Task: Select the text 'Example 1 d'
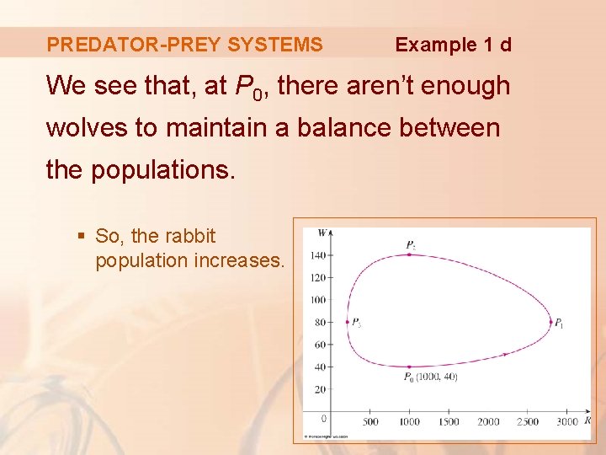pos(453,45)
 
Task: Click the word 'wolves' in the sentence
pos(81,128)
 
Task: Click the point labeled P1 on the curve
pos(550,322)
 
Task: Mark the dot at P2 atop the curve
pos(409,254)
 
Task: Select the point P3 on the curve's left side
pos(347,322)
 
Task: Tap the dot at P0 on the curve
pos(409,367)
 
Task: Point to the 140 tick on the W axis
pos(317,254)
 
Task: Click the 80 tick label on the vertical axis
pos(319,322)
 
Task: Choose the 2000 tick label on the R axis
pos(488,421)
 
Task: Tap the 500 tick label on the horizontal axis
pos(369,421)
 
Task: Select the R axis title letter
pos(587,420)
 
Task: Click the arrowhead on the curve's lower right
pos(504,355)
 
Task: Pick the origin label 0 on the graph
pos(324,419)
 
